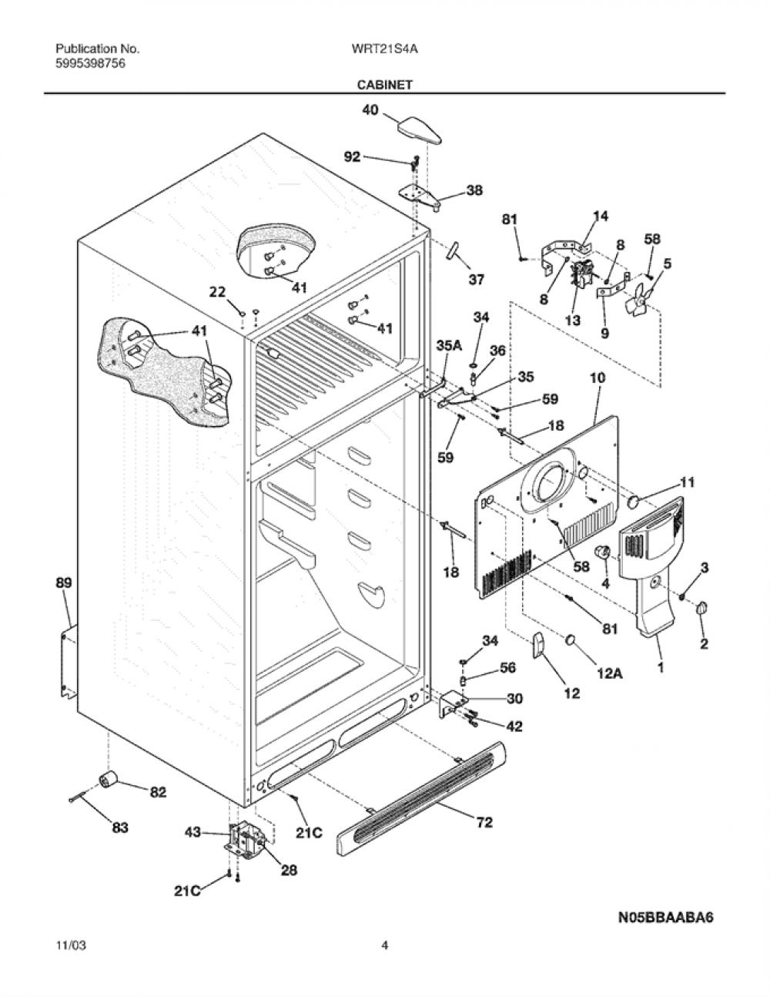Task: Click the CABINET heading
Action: point(384,85)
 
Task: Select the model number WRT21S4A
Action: point(384,49)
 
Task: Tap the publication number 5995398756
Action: point(90,64)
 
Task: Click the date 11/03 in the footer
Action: point(71,945)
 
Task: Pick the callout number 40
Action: point(370,110)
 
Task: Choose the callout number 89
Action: point(64,583)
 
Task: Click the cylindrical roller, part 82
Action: point(109,780)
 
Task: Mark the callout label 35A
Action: point(449,345)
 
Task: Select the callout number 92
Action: point(352,157)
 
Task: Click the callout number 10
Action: point(598,378)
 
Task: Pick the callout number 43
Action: point(193,831)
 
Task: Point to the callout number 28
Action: point(289,870)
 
